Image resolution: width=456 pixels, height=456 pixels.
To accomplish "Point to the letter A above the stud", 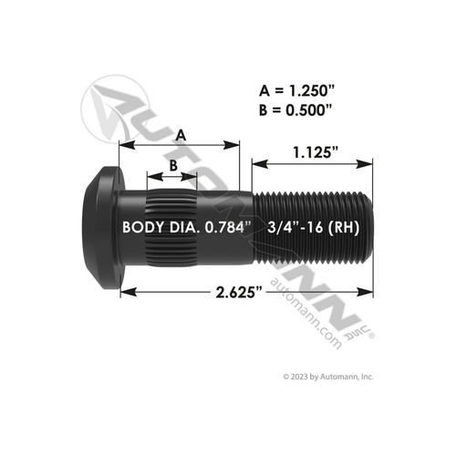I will tap(181, 133).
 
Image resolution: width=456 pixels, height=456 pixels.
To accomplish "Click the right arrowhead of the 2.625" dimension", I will tap(368, 292).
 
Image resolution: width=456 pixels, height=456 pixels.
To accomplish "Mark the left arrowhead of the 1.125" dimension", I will tap(258, 165).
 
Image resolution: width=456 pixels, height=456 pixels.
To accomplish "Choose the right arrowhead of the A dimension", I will tap(233, 143).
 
